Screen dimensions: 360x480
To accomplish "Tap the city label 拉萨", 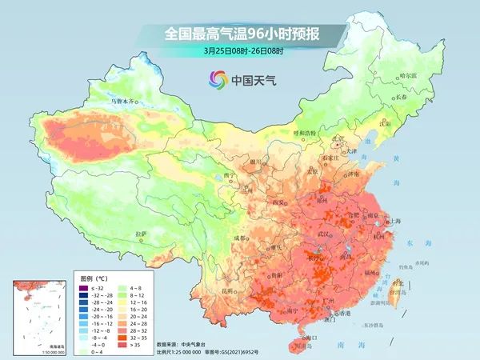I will point(142,234).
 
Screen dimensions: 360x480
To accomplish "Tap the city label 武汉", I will point(323,234).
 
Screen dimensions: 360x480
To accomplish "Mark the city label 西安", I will point(281,203).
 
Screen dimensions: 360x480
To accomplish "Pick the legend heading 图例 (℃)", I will point(98,275).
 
